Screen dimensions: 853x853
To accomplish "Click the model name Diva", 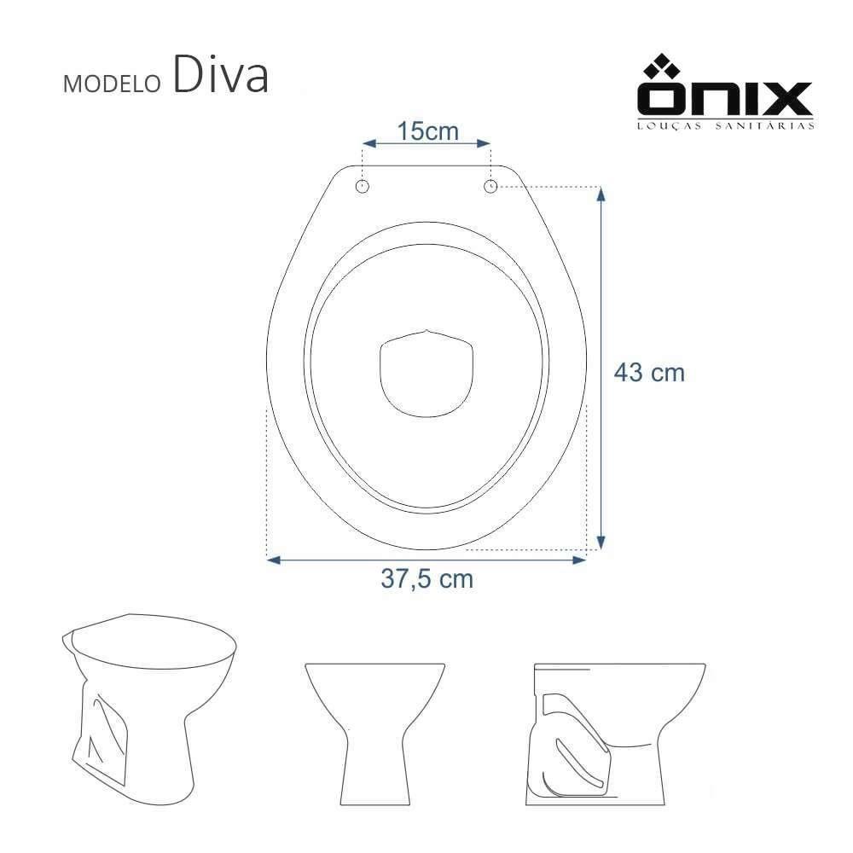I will (x=220, y=76).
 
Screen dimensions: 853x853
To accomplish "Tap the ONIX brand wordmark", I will (x=724, y=100).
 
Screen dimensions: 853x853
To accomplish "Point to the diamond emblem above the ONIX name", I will (x=663, y=67).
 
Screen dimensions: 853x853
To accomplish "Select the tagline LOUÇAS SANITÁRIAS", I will (x=724, y=125).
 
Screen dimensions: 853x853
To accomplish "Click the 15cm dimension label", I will (x=427, y=132).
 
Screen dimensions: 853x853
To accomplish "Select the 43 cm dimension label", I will (x=649, y=373).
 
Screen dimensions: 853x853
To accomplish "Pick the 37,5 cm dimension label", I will (x=426, y=579).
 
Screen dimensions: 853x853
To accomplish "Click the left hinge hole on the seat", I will (x=363, y=185).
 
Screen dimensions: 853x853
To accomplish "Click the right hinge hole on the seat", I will (x=490, y=185).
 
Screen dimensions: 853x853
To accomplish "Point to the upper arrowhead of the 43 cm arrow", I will (x=601, y=192).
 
